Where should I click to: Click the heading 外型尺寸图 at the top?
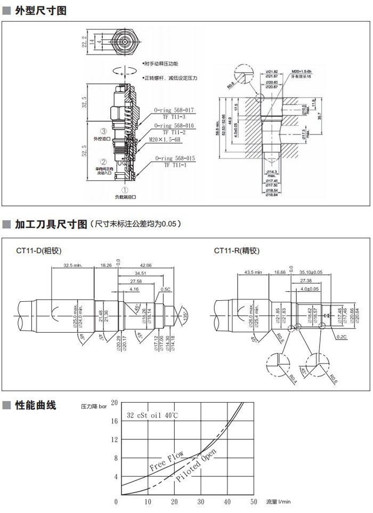pos(40,10)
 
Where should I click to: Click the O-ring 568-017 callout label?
pos(174,110)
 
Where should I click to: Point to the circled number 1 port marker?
pos(125,189)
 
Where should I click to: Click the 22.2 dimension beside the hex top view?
pos(84,41)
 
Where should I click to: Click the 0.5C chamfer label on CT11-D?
pos(165,290)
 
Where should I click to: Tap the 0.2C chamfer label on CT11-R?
pos(342,337)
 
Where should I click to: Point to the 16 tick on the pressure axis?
pos(114,420)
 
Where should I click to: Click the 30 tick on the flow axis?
pos(200,502)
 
